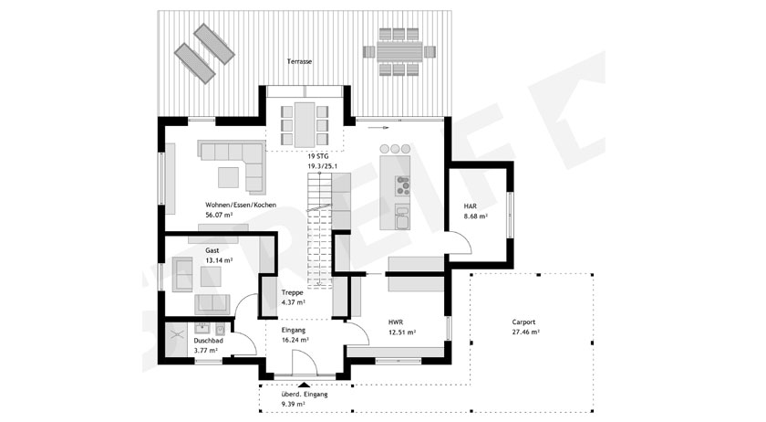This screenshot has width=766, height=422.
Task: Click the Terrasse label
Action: coord(299,62)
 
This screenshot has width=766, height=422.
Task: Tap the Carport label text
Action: coord(523,322)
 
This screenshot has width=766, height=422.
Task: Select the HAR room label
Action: coord(470,206)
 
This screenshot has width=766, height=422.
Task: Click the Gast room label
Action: coord(212,250)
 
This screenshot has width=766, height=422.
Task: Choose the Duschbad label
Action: coord(208,340)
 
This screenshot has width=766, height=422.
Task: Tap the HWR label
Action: coord(396,322)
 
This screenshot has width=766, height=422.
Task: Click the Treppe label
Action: coord(292,293)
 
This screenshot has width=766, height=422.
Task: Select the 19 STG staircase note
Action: coord(318,157)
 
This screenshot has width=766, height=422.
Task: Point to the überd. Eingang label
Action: coord(305,394)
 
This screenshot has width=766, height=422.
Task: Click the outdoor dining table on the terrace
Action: coord(399,51)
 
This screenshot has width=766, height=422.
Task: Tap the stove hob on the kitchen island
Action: coord(402,186)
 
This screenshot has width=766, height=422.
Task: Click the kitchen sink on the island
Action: coord(403,217)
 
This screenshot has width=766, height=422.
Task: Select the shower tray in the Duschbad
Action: coord(176,338)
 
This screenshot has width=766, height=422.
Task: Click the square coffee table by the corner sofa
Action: coord(228,177)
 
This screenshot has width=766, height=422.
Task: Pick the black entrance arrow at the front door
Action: coord(304,385)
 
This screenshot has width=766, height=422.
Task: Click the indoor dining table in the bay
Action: coord(305,124)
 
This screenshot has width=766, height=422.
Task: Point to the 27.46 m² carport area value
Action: coord(526,332)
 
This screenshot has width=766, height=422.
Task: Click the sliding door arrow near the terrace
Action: coord(379,128)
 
